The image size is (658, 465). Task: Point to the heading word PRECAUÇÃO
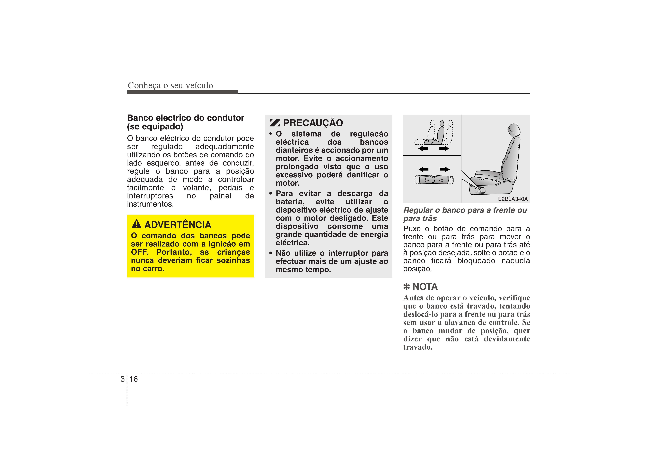tap(313, 123)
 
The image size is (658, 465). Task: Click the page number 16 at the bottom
tap(134, 379)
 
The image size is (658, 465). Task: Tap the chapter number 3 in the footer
tap(122, 379)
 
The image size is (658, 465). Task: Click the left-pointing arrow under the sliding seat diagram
tap(423, 148)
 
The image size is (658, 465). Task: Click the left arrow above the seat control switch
tap(424, 169)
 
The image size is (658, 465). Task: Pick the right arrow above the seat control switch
tap(445, 169)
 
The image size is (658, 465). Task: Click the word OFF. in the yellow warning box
tap(140, 252)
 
